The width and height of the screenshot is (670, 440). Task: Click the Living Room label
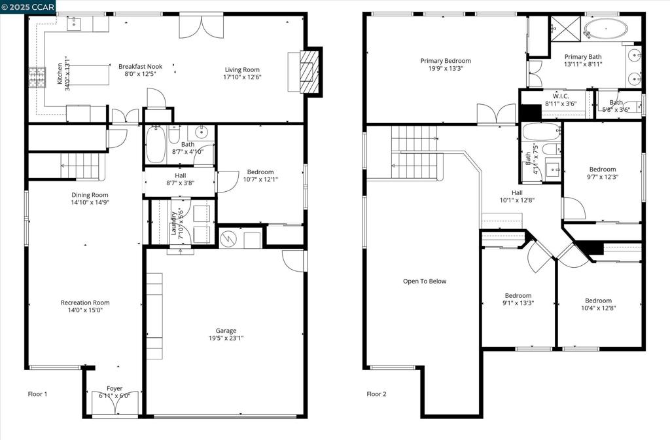242,70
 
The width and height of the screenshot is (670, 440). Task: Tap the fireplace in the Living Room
308,71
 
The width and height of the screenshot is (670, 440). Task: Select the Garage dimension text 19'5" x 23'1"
226,338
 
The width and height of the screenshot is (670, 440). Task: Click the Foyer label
115,388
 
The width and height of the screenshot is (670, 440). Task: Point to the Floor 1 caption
37,394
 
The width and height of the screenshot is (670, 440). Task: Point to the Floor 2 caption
376,394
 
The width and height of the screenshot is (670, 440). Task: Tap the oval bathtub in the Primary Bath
605,29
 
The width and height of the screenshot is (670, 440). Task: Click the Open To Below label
425,282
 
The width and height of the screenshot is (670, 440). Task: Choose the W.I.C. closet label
561,96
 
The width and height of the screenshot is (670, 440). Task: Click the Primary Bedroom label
446,61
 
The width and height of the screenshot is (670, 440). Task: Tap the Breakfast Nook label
140,66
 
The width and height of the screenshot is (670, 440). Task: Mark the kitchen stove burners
37,77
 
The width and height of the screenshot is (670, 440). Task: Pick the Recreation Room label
85,302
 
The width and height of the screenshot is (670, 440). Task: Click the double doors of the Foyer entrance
115,406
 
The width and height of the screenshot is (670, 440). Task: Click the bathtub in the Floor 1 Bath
156,145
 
